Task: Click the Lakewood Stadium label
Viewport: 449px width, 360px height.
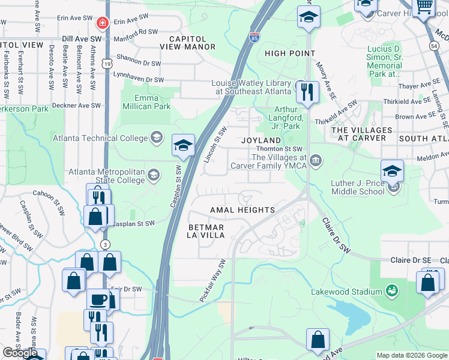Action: pyautogui.click(x=346, y=292)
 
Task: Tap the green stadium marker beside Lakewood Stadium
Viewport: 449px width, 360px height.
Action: pyautogui.click(x=392, y=291)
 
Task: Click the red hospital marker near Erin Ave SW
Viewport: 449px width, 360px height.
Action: pyautogui.click(x=103, y=23)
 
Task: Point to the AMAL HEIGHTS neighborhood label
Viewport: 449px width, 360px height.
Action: pyautogui.click(x=242, y=210)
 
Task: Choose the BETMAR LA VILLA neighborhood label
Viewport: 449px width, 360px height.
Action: pyautogui.click(x=206, y=231)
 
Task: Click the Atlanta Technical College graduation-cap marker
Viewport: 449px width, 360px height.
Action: pyautogui.click(x=157, y=137)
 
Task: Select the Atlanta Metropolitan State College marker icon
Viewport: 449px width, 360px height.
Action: pyautogui.click(x=154, y=175)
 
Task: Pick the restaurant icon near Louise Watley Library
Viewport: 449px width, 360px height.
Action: pyautogui.click(x=307, y=92)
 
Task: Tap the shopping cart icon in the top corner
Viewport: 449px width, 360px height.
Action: pyautogui.click(x=424, y=6)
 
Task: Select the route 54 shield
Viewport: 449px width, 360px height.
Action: pyautogui.click(x=433, y=45)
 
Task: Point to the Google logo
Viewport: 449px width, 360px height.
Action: pyautogui.click(x=20, y=353)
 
